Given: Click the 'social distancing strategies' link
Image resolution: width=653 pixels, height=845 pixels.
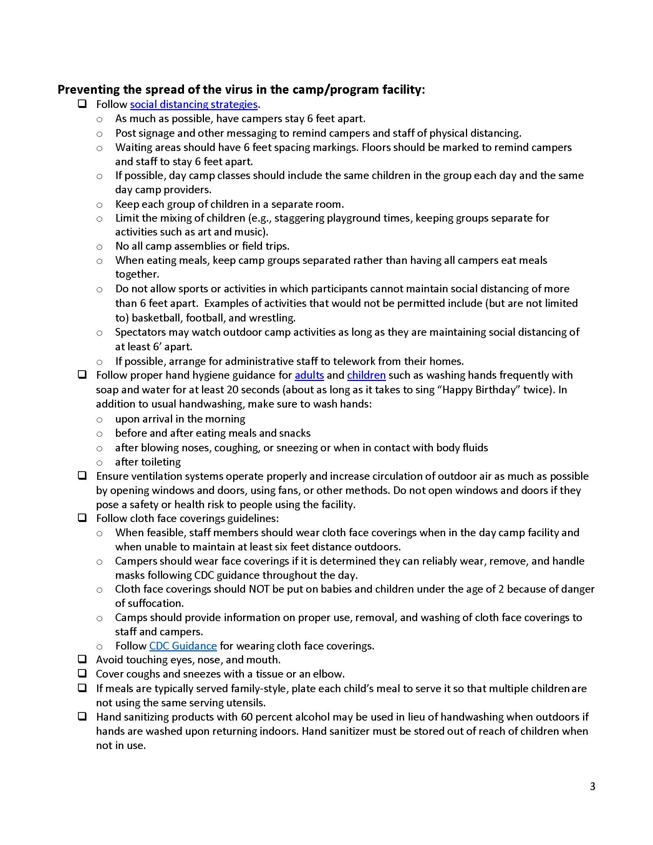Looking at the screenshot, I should [194, 104].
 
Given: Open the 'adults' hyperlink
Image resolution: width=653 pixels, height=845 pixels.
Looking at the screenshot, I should [309, 375].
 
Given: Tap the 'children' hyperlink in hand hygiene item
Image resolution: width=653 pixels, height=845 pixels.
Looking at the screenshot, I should [366, 375].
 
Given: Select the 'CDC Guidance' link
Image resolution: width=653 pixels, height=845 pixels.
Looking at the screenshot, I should [182, 646].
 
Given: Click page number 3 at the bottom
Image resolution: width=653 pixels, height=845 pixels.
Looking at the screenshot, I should [592, 787].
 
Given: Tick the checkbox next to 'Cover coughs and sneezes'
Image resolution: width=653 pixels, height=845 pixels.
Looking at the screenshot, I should [82, 673].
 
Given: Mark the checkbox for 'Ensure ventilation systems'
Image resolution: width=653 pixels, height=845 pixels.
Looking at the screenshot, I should [82, 476].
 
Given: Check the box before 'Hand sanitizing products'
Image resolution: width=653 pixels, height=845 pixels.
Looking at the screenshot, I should [82, 716].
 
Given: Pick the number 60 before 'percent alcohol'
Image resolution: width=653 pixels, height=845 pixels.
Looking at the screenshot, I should [247, 717].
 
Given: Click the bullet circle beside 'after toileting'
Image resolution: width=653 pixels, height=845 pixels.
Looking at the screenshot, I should [99, 463].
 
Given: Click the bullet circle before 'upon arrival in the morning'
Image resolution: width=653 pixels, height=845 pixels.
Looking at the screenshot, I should [99, 420].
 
